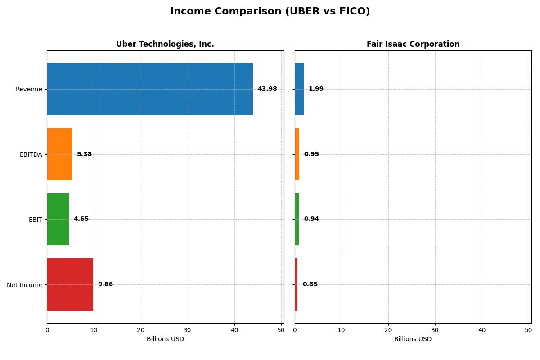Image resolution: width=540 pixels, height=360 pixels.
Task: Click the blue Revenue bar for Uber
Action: point(150,89)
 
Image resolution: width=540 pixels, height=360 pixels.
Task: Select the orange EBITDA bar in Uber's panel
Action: point(59,154)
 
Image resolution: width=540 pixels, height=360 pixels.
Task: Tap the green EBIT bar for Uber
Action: point(58,219)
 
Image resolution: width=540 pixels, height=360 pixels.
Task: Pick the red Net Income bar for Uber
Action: point(70,284)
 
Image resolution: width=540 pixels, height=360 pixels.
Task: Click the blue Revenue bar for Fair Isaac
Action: point(299,89)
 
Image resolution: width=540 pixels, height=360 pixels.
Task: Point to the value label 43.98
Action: point(267,89)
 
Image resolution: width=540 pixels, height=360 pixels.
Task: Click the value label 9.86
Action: point(105,284)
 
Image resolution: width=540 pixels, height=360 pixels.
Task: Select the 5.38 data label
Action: point(84,154)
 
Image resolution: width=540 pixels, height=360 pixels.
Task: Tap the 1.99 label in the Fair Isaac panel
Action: point(316,89)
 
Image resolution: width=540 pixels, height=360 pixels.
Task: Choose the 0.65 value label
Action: point(310,284)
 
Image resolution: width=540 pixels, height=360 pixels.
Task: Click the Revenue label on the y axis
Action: point(29,89)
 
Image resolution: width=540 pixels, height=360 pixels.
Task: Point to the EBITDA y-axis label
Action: point(31,154)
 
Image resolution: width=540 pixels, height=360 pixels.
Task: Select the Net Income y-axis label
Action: point(24,284)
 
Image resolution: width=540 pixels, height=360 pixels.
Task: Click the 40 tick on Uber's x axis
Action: point(234,330)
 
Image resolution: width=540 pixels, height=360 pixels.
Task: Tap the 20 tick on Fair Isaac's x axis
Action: point(388,330)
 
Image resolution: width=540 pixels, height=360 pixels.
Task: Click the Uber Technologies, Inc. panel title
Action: point(165,44)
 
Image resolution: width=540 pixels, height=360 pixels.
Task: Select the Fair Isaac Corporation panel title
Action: point(413,44)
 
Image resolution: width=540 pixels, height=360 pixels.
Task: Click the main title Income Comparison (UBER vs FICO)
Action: point(270,11)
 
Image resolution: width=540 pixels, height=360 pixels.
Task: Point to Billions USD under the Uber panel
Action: point(165,339)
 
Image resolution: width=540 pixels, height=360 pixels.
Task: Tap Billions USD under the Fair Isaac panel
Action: point(413,339)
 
